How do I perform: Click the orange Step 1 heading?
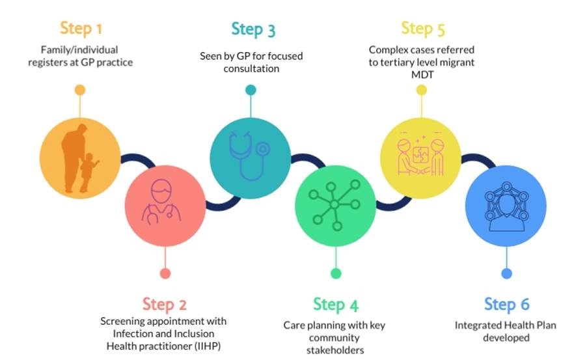81,29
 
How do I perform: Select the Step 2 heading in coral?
164,304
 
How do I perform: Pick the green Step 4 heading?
335,304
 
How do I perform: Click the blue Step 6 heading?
506,304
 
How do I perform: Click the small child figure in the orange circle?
87,172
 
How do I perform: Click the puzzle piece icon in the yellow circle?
419,157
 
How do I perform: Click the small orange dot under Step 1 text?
80,90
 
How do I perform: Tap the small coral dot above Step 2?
165,273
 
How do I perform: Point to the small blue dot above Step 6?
507,273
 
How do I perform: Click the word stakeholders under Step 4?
336,350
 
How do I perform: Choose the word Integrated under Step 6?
478,325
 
